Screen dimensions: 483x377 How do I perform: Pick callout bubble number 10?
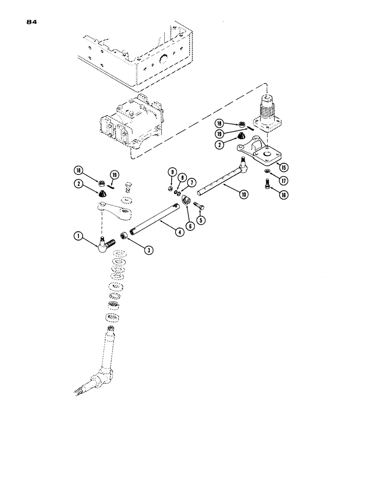click(x=182, y=177)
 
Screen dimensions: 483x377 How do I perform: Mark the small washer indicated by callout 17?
click(x=267, y=172)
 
